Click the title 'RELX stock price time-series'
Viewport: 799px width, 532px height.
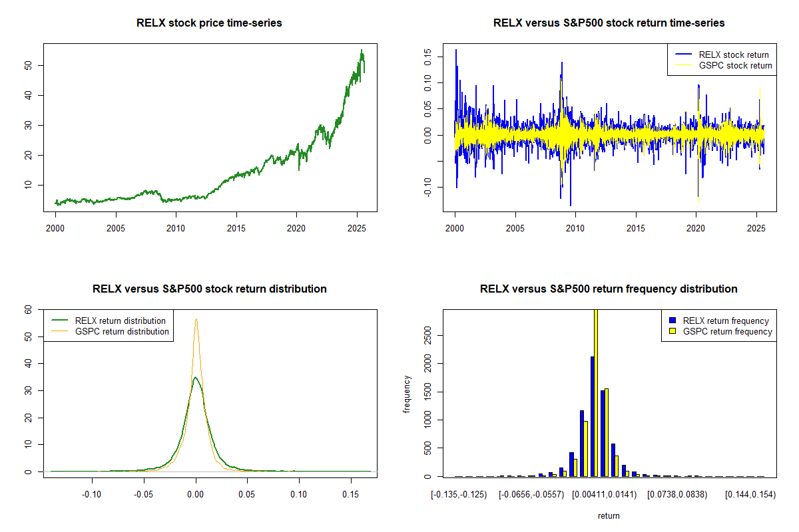click(209, 23)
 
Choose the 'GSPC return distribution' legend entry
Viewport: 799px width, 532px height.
click(122, 331)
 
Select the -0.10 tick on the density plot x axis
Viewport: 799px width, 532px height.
click(91, 494)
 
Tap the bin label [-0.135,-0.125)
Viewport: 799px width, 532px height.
click(459, 494)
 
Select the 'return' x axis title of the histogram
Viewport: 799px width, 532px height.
click(609, 515)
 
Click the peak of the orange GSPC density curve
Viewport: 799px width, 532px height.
click(196, 319)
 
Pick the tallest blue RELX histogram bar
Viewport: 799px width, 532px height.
click(592, 416)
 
